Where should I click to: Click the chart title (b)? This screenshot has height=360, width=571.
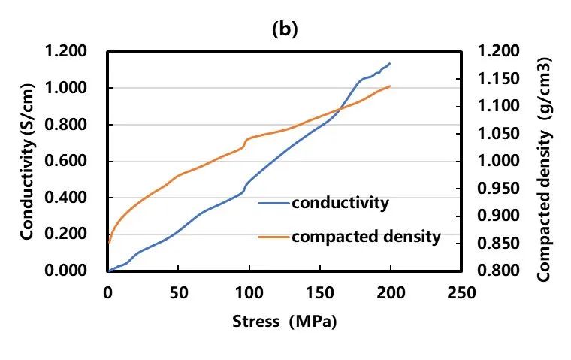285,30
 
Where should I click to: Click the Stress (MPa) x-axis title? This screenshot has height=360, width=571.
285,322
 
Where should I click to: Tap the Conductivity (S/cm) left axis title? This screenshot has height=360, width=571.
27,161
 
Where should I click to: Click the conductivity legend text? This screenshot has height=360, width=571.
340,203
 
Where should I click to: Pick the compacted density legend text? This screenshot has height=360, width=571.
366,237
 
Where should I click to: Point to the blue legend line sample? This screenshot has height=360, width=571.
273,204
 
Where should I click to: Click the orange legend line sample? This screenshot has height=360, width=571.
273,237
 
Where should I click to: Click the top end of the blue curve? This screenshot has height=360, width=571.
390,64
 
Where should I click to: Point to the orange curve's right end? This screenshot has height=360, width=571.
390,86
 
